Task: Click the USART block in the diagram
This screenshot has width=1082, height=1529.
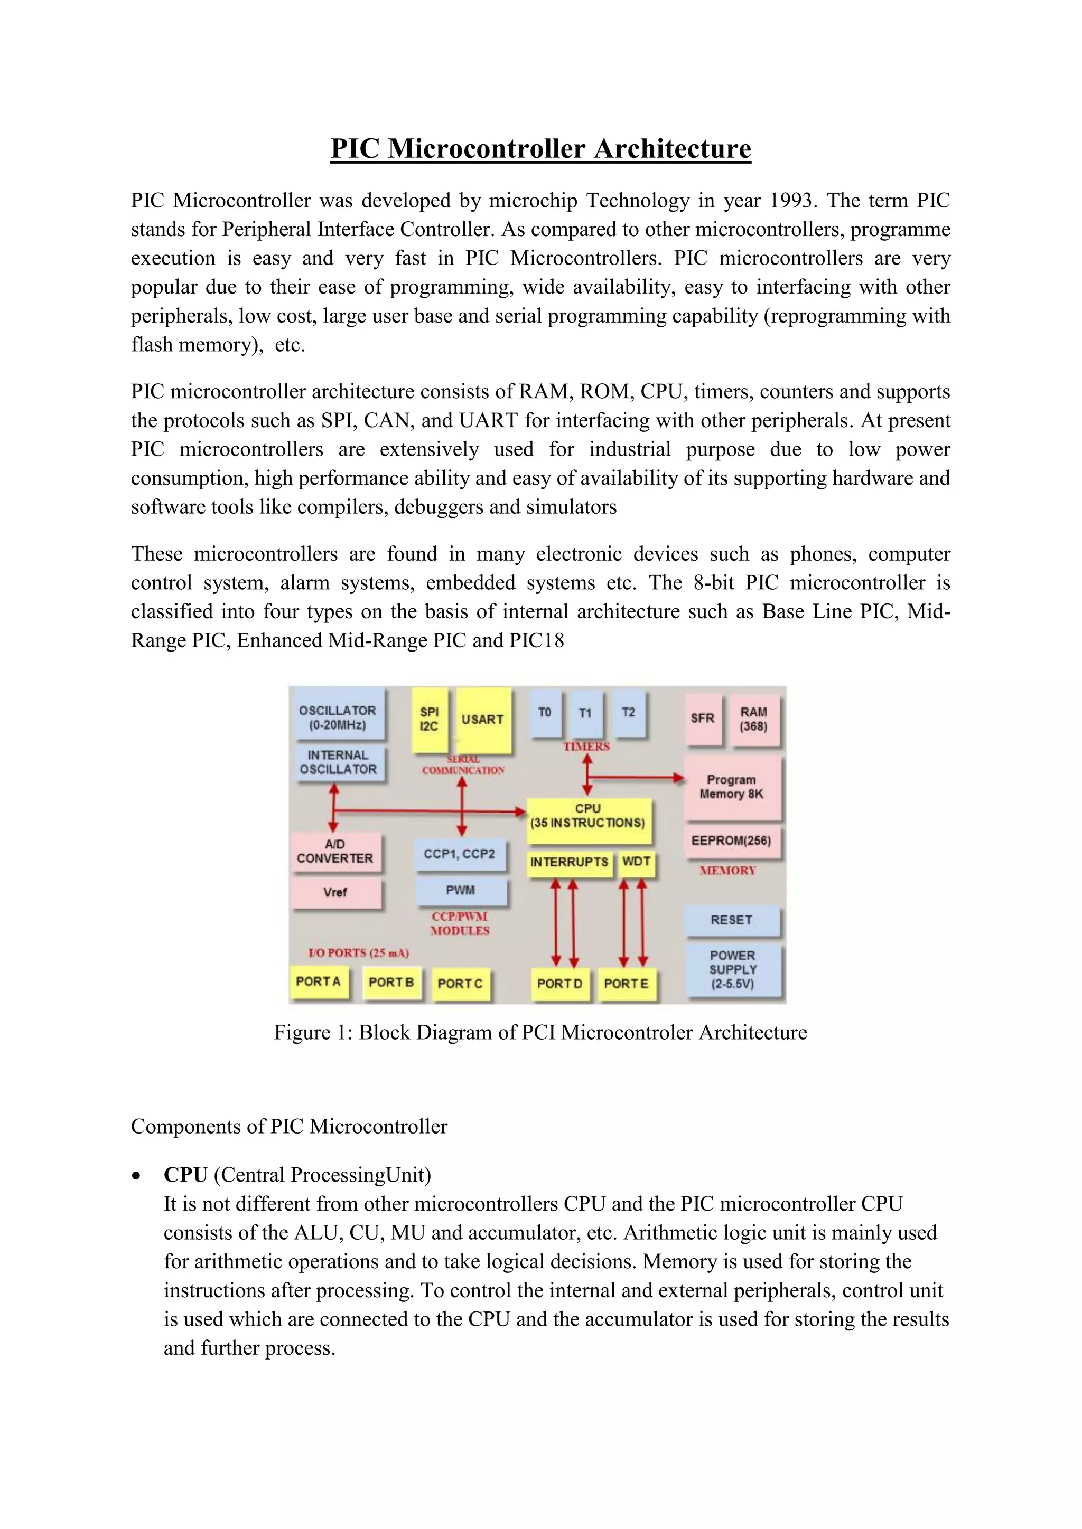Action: click(482, 720)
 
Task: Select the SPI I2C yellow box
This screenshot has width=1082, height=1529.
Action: click(429, 719)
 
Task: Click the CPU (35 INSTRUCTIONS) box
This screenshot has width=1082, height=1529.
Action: click(587, 816)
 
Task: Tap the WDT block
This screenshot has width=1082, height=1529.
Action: click(636, 862)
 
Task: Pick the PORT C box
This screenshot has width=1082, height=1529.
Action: click(460, 984)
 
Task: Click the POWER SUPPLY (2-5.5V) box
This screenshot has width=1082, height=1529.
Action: click(732, 969)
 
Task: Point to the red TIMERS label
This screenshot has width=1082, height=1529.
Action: click(586, 747)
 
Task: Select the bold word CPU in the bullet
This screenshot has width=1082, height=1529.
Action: click(186, 1175)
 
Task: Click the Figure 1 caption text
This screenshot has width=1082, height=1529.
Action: click(540, 1033)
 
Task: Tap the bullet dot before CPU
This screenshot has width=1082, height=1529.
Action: click(137, 1176)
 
